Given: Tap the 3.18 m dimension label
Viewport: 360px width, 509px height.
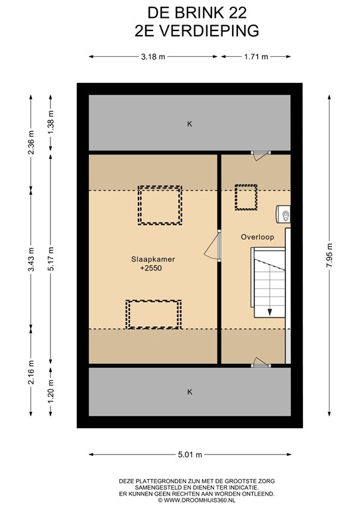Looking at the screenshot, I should (x=153, y=57).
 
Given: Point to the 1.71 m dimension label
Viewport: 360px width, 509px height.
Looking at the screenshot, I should (x=255, y=57).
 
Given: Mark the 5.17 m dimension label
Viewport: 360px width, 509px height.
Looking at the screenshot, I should (x=50, y=255).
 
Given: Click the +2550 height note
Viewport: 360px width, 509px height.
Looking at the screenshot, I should (x=151, y=269).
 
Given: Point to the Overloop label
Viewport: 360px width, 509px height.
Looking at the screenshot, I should (x=253, y=237).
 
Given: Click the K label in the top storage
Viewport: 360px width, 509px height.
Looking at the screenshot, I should (x=190, y=124).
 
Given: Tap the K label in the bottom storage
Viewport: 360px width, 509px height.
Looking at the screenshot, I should (x=190, y=392).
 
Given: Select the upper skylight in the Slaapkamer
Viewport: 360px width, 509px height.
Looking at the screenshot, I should (x=159, y=205).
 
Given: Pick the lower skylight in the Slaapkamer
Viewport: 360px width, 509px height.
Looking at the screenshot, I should (x=154, y=314).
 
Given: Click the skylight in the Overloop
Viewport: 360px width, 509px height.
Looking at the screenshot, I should (x=247, y=198).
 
